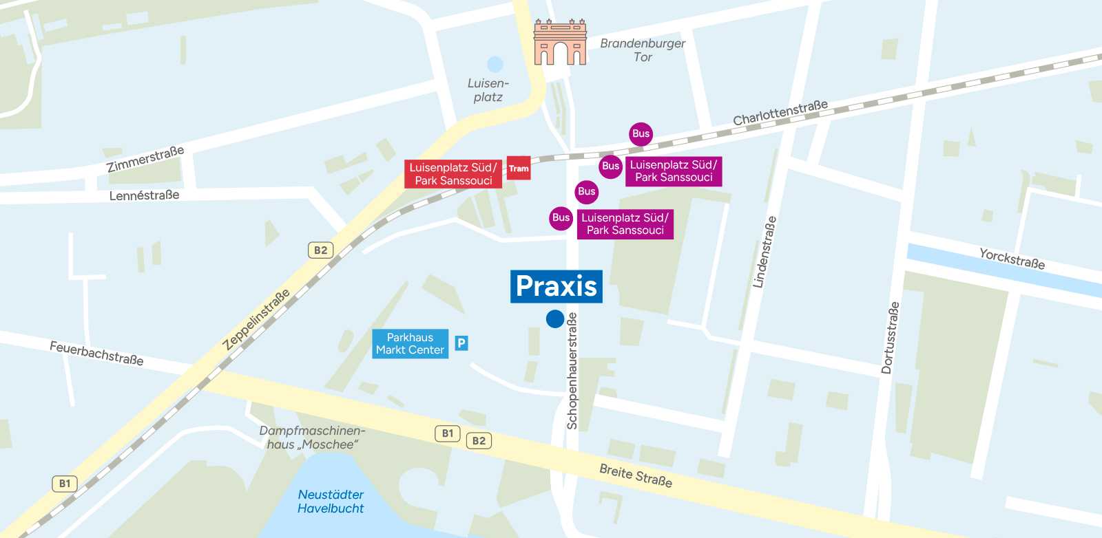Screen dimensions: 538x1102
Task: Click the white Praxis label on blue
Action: [x=556, y=286]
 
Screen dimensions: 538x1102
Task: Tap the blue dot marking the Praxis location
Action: [x=555, y=319]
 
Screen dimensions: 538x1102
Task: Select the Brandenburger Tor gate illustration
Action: [x=560, y=43]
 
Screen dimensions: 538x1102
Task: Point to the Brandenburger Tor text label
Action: [x=643, y=50]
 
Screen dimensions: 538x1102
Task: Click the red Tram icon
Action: [x=519, y=169]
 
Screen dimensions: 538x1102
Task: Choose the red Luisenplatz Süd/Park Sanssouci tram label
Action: [x=453, y=174]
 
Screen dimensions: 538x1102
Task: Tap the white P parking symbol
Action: [x=461, y=343]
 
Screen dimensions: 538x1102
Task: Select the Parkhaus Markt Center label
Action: [x=410, y=344]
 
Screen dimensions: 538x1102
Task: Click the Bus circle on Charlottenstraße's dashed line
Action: [x=641, y=134]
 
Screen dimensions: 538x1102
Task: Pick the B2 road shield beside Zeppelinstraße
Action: [x=320, y=250]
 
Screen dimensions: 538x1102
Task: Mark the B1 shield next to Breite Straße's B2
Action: [x=448, y=433]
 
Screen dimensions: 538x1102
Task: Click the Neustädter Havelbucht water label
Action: [x=331, y=502]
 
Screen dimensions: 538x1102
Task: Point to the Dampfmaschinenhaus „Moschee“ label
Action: [x=312, y=438]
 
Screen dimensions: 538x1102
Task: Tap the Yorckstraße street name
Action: [x=1012, y=259]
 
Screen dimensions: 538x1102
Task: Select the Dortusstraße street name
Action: [x=890, y=338]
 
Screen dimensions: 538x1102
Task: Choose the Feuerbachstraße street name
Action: [x=96, y=354]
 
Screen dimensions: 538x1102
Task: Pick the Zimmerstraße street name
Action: [x=145, y=160]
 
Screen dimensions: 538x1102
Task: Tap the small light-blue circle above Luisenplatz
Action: [x=495, y=65]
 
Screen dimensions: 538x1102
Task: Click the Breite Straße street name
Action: [x=635, y=475]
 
